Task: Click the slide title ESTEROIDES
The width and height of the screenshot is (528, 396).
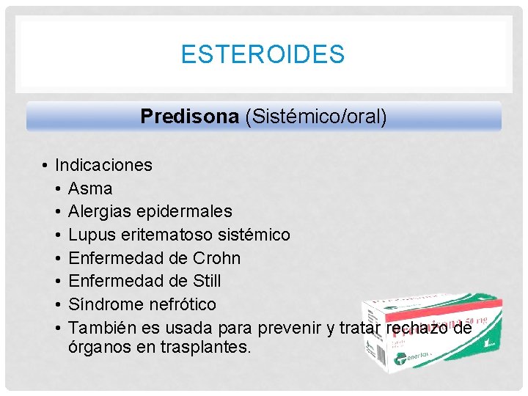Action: coord(263,54)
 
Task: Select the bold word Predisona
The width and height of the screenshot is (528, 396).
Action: coord(190,117)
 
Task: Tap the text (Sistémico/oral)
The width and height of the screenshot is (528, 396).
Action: coord(316,117)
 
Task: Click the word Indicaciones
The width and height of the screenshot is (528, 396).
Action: coord(103,165)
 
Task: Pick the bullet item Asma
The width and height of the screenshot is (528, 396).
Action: coord(89,188)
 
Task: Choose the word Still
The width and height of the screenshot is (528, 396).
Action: coord(206,282)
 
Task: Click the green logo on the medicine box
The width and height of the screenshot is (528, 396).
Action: coord(400,359)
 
